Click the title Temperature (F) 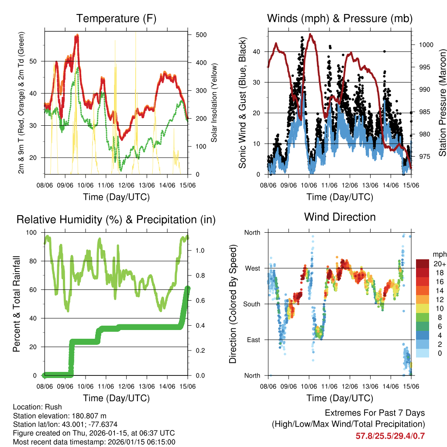click(x=116, y=18)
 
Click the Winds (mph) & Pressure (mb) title click(x=340, y=18)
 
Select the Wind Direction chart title click(x=340, y=217)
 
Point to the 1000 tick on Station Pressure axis click(x=426, y=45)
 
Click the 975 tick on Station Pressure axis click(x=426, y=156)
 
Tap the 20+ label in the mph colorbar click(x=439, y=264)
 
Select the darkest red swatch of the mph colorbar click(x=424, y=263)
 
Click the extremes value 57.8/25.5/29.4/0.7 click(x=390, y=436)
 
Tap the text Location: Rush click(x=38, y=407)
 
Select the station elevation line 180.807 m click(x=60, y=416)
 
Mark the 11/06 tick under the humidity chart click(x=106, y=386)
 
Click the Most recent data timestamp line click(x=94, y=442)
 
